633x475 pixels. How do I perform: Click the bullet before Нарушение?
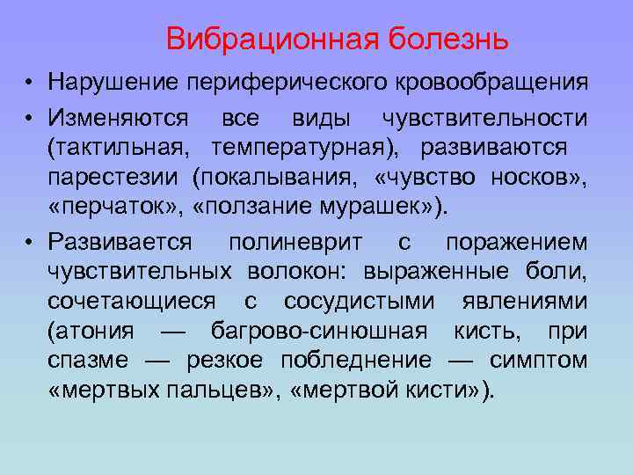tap(30, 84)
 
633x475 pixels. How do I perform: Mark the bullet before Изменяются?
tap(30, 118)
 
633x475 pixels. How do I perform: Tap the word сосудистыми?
tap(358, 301)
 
